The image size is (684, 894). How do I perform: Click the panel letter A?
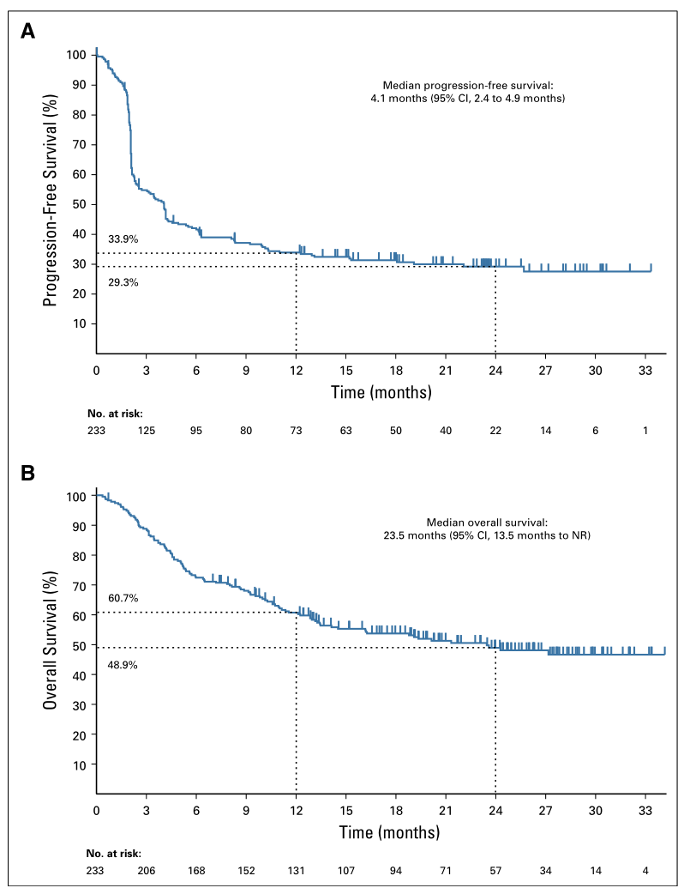(x=28, y=32)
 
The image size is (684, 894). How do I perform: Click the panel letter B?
(x=28, y=473)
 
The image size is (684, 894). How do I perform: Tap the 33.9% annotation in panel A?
(x=123, y=239)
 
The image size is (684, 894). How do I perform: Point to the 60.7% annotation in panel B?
(x=123, y=597)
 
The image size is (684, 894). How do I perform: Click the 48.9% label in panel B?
(x=123, y=663)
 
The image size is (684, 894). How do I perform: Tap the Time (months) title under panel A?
(x=381, y=392)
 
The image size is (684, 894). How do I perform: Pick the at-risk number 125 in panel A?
(x=146, y=430)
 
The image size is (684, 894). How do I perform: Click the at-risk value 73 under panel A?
(x=296, y=430)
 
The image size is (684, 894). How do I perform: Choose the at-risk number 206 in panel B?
(x=146, y=871)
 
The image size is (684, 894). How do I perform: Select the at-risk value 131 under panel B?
(x=296, y=871)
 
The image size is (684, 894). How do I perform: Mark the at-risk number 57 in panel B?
(x=495, y=871)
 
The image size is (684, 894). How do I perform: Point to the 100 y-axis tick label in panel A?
(x=76, y=55)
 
